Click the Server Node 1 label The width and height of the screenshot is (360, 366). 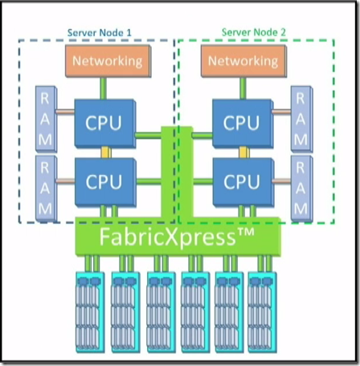pos(100,33)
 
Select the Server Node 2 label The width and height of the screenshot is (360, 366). pos(254,32)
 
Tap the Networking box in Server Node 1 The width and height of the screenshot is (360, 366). pos(108,61)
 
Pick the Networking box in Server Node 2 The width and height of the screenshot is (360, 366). pos(243,61)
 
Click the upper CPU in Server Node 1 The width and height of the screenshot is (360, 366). pos(105,124)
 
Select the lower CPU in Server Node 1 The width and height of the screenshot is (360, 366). pos(105,182)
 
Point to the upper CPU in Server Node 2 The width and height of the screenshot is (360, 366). pos(243,124)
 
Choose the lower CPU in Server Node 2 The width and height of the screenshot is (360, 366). pos(243,182)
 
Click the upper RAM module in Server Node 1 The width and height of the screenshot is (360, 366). pos(46,119)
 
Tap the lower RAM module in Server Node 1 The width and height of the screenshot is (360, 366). pos(46,189)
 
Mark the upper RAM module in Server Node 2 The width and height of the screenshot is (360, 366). pos(302,119)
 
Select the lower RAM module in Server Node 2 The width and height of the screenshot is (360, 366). pos(302,189)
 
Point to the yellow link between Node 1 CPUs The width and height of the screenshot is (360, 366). pos(105,152)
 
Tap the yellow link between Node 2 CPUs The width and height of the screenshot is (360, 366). pos(243,152)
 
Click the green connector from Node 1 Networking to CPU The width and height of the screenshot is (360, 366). pos(104,88)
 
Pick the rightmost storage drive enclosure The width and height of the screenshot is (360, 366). pos(263,312)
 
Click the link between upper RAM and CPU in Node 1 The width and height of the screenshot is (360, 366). pos(65,112)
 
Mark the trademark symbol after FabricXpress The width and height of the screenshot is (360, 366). pos(245,232)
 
